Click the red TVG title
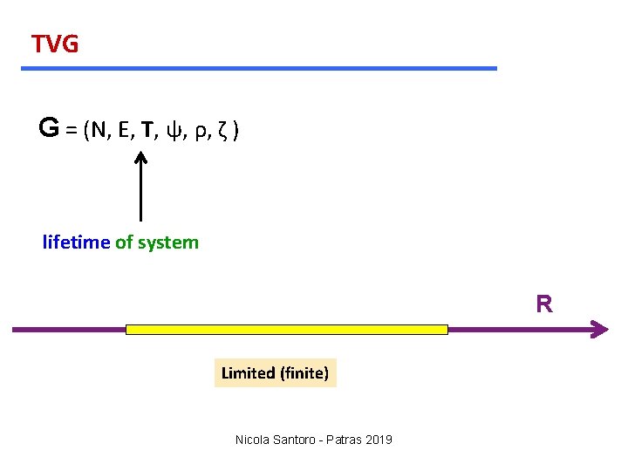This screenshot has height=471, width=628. click(x=55, y=44)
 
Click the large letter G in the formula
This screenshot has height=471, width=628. click(x=49, y=129)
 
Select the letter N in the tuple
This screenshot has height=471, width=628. click(x=100, y=131)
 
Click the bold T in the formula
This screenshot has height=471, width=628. click(x=150, y=131)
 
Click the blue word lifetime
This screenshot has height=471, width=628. click(x=76, y=242)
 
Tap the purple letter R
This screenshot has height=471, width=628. click(x=544, y=304)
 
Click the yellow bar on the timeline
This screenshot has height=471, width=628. click(x=287, y=330)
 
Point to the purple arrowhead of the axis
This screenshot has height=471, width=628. click(x=599, y=330)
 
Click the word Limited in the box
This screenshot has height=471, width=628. click(x=248, y=373)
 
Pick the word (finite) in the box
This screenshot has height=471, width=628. click(x=304, y=373)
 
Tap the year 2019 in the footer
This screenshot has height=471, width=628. click(x=378, y=440)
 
